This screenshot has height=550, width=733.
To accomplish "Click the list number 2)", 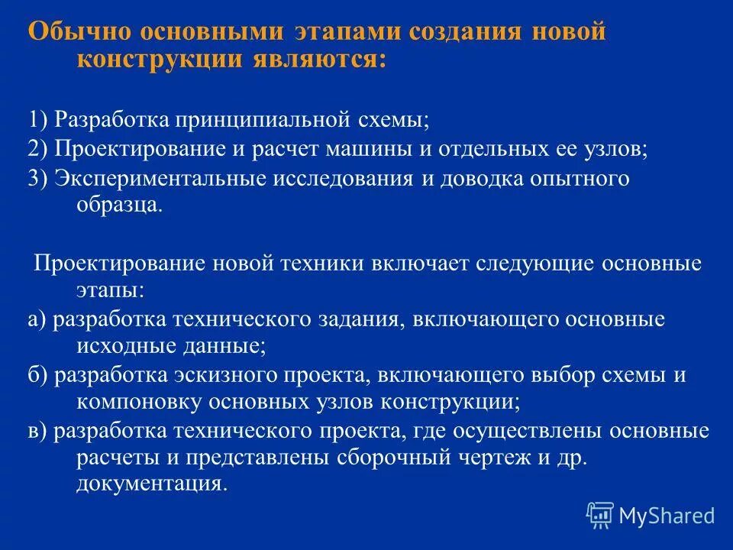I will click(x=38, y=150).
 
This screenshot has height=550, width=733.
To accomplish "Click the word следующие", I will click(x=535, y=264).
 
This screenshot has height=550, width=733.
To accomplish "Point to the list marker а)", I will click(x=37, y=319).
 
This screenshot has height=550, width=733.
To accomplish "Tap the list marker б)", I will click(x=38, y=375).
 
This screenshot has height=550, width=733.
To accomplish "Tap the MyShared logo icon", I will click(x=600, y=515).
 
